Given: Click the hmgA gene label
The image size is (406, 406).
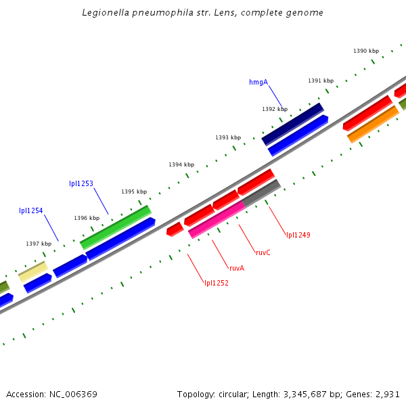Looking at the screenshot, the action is click(258, 83).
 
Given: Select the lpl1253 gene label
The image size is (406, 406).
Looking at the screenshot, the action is click(81, 184).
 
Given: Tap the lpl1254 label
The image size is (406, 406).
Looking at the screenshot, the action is click(31, 211).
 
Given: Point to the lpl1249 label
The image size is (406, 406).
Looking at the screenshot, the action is click(298, 235).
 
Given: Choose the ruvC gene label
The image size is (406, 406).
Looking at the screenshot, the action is click(263, 252).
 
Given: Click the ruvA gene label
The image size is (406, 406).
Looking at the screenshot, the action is click(237, 269).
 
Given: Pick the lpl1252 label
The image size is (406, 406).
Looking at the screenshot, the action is click(217, 283).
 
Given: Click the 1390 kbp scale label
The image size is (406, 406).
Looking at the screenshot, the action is click(366, 51).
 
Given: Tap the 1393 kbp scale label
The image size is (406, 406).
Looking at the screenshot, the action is click(228, 137).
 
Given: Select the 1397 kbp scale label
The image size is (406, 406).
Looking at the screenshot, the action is click(39, 244).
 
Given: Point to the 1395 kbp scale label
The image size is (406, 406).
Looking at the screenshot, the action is click(134, 191).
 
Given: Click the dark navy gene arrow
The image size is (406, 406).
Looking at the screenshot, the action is click(293, 123).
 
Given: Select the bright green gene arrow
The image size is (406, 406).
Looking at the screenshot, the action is click(116, 227).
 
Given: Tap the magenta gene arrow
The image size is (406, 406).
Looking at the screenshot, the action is click(217, 220).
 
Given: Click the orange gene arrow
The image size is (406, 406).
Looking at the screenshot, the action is click(373, 124).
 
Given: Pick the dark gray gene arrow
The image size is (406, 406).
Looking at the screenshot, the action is click(261, 193).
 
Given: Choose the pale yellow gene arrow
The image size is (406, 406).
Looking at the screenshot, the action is click(32, 271).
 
